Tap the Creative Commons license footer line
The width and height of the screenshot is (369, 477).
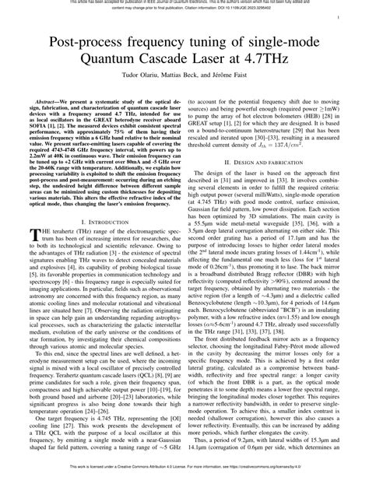184,471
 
